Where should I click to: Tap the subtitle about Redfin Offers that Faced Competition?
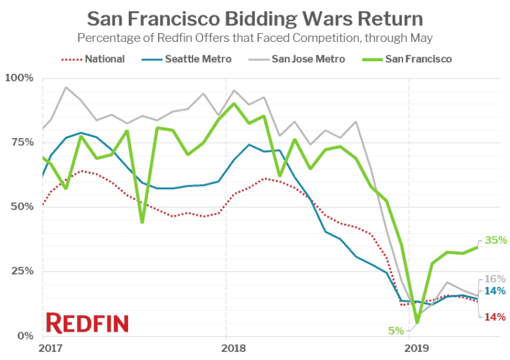pos(255,38)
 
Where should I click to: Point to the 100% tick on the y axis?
pos(19,78)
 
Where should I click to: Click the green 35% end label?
pos(495,240)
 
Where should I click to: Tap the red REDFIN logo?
pos(87,323)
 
